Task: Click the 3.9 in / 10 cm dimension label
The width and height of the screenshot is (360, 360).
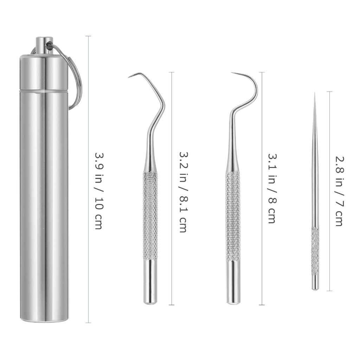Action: (99, 191)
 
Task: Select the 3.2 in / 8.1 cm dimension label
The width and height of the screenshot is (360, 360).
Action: (183, 192)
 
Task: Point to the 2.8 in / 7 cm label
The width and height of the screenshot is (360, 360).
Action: (339, 192)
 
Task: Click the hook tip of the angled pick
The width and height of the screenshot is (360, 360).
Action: (129, 77)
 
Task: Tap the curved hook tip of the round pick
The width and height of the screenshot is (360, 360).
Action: (232, 73)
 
